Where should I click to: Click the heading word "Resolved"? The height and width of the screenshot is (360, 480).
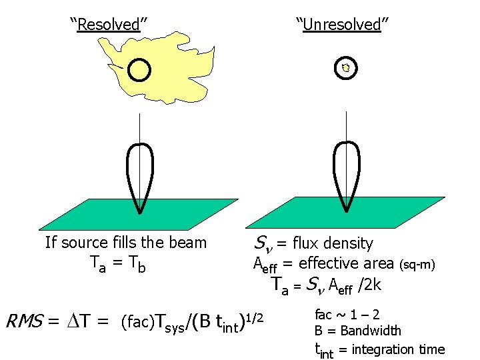coord(109,25)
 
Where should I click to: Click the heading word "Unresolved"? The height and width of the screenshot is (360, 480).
coord(342,25)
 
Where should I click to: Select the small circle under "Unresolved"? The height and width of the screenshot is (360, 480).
coord(345,67)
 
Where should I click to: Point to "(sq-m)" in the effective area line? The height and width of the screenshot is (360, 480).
coord(417,265)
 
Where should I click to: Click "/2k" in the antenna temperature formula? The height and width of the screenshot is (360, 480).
coord(369,286)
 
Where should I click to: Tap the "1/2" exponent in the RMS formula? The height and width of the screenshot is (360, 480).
coord(257,315)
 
